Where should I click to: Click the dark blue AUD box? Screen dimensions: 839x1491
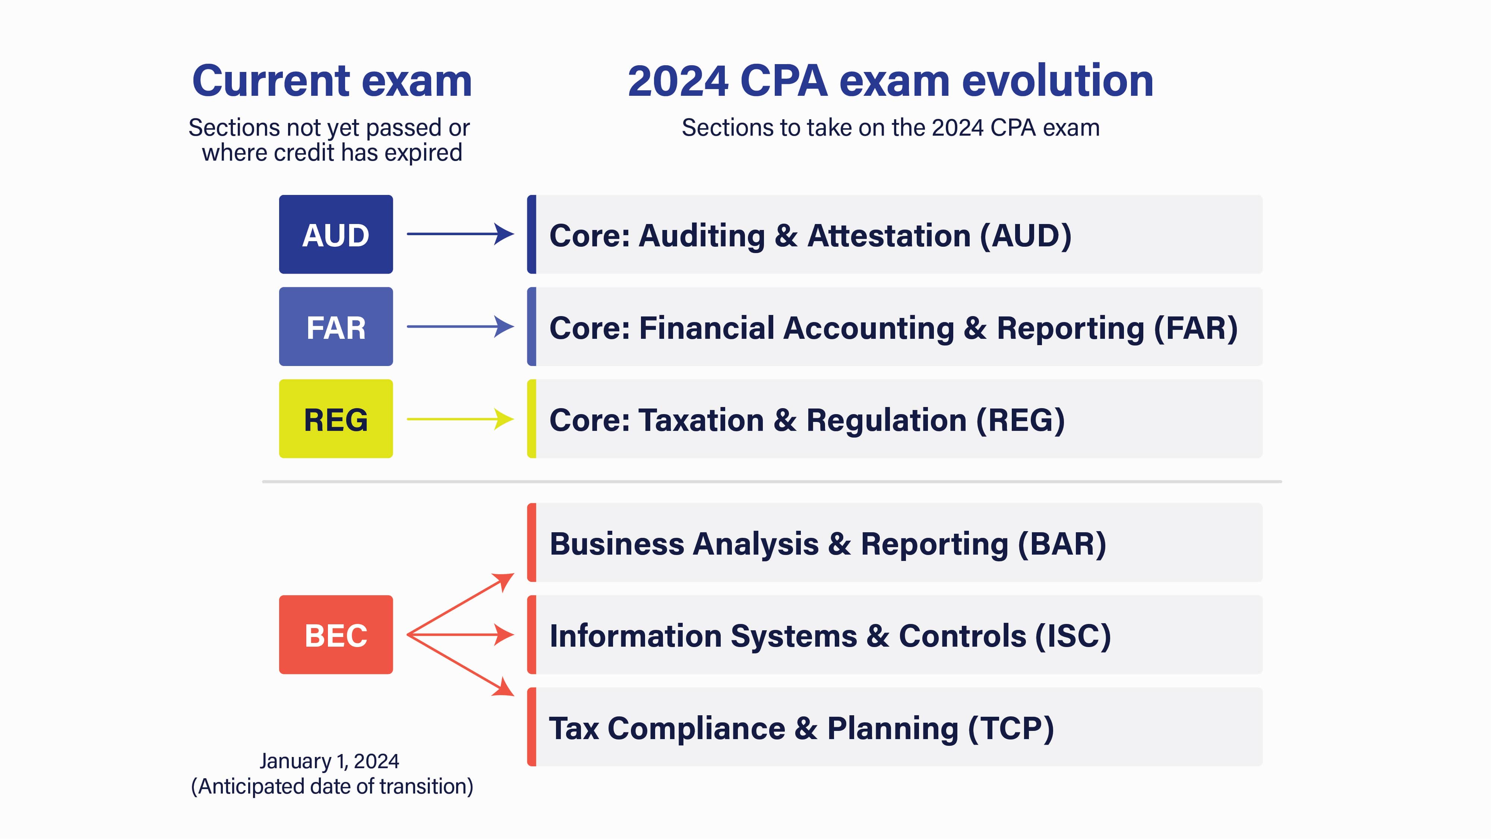click(336, 234)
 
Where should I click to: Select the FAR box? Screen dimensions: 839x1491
click(336, 327)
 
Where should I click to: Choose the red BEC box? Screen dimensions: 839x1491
click(336, 635)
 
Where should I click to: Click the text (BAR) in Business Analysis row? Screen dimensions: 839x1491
click(1062, 544)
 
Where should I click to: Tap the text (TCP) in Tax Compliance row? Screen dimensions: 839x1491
click(1011, 728)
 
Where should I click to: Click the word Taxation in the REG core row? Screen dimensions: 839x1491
click(700, 420)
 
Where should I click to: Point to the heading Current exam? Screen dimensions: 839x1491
click(332, 81)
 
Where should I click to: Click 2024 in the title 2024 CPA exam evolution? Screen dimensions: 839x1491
click(677, 81)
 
